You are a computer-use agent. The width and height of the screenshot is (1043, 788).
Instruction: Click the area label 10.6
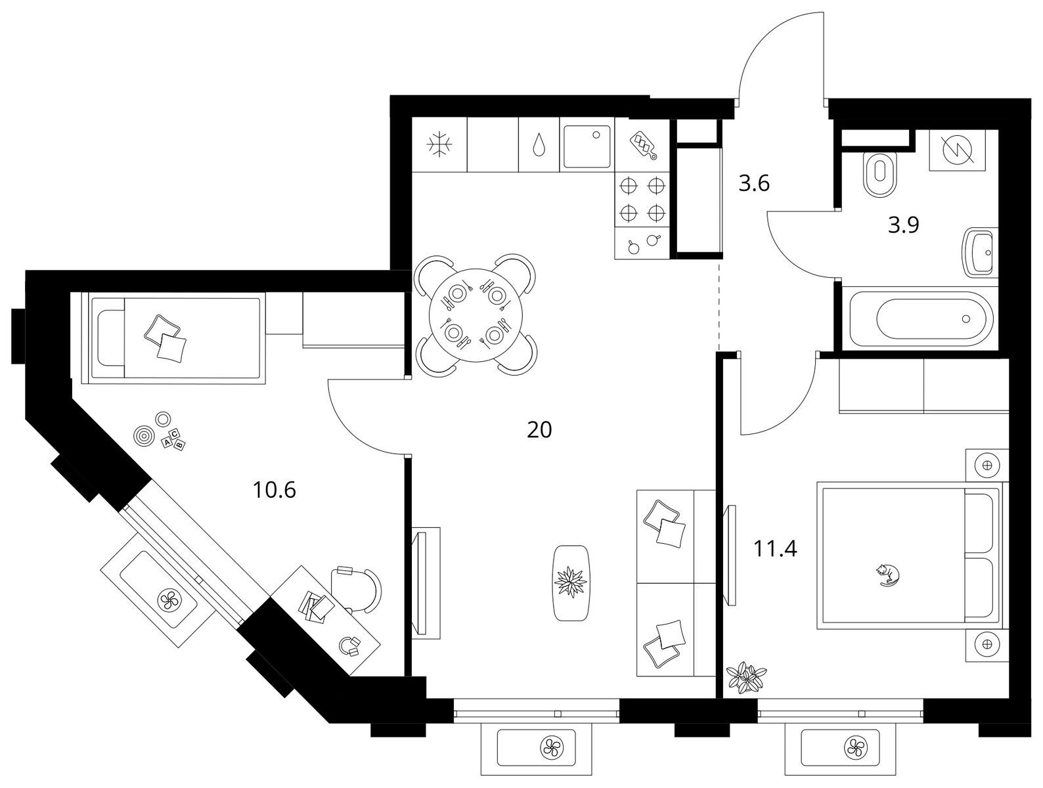pyautogui.click(x=275, y=490)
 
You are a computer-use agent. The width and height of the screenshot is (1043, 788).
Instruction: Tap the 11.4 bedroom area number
pyautogui.click(x=775, y=548)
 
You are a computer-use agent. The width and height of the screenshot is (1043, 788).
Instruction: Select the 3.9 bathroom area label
pyautogui.click(x=904, y=225)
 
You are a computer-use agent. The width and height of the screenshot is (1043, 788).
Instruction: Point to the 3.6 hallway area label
pyautogui.click(x=754, y=183)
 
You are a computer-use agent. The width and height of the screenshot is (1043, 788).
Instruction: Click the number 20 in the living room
pyautogui.click(x=539, y=430)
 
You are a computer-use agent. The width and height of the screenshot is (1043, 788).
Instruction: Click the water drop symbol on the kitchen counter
pyautogui.click(x=539, y=146)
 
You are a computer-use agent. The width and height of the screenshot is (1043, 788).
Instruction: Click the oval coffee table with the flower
pyautogui.click(x=571, y=582)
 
